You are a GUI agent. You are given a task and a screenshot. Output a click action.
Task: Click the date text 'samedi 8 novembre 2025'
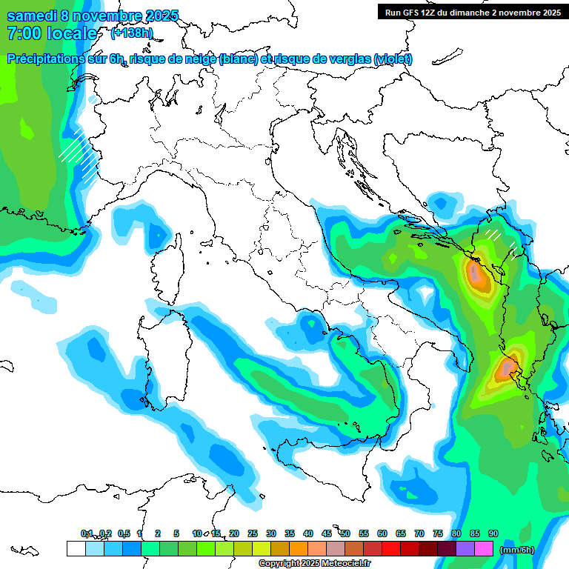(93, 16)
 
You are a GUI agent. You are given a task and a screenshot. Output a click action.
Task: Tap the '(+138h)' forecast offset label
(133, 33)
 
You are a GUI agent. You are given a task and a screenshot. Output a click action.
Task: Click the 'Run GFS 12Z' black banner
(472, 12)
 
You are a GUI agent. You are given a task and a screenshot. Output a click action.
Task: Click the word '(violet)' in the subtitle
(393, 59)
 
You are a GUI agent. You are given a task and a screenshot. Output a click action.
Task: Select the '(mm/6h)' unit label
(517, 550)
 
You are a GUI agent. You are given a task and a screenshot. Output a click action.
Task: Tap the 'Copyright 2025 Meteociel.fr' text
(316, 564)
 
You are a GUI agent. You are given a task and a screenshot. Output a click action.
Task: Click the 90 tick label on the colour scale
(493, 533)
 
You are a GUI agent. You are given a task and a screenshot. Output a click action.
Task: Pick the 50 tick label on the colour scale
(345, 533)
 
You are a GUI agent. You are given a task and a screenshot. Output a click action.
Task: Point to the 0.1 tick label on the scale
(87, 533)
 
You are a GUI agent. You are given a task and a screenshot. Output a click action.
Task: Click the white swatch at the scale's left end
(76, 548)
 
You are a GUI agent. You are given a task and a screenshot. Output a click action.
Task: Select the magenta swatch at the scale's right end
(485, 548)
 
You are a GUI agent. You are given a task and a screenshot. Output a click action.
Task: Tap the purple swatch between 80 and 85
(465, 548)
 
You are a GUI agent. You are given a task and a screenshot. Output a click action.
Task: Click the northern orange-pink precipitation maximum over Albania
(476, 275)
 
